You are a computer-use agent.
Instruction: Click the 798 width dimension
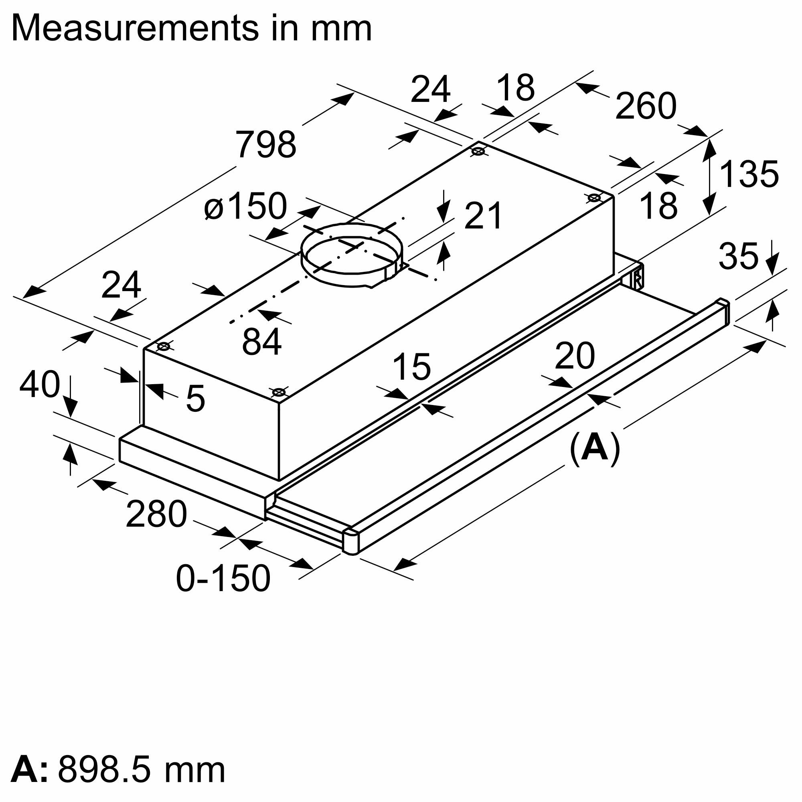coord(266,144)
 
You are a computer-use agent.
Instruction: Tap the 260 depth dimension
coord(646,106)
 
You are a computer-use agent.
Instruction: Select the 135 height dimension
coord(749,174)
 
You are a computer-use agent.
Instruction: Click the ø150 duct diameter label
coord(245,206)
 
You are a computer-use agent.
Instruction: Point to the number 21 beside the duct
coord(483,216)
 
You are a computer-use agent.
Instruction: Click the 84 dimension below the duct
coord(261,342)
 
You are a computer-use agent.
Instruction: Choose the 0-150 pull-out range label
coord(223,579)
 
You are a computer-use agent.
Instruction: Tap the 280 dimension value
coord(156,515)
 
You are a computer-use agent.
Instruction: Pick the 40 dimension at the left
coord(39,385)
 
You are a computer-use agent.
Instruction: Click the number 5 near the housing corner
coord(195,399)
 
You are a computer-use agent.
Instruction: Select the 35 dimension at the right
coord(738,256)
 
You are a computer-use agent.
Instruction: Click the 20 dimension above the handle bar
coord(575,356)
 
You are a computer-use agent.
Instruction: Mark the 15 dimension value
coord(411,367)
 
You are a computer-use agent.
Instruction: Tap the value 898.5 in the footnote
coord(109,770)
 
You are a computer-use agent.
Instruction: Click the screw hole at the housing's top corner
coord(478,152)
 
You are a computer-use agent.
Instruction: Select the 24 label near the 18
coord(430,89)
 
